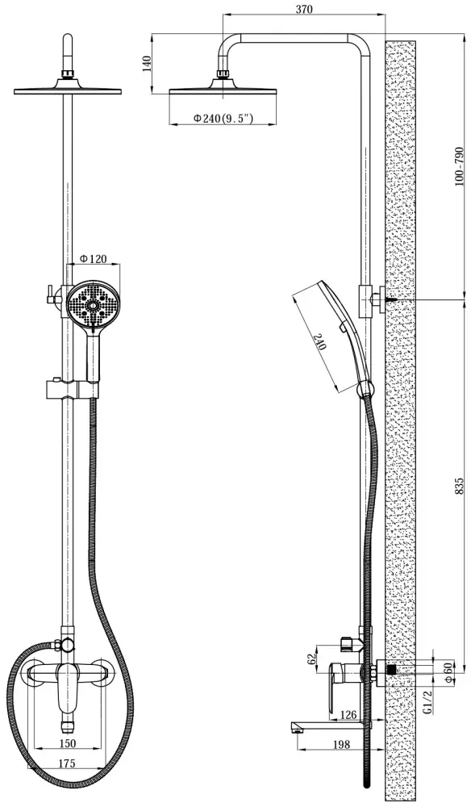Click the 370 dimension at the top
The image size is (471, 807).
304,9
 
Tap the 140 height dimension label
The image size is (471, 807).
147,65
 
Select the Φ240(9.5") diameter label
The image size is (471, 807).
223,119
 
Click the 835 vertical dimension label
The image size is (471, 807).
460,487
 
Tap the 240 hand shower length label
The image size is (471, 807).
320,341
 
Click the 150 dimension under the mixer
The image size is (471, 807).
68,742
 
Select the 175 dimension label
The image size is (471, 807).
67,763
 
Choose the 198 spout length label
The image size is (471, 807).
341,744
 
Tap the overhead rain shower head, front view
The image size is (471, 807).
69,89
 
